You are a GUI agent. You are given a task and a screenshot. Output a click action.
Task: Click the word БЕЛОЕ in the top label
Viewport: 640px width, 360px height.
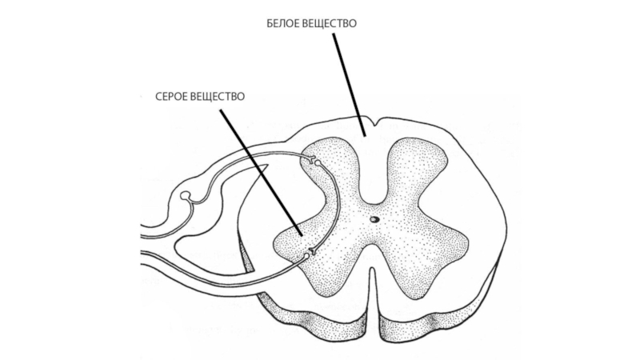[284, 24]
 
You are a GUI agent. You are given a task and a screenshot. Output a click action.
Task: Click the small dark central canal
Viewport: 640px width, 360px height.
[374, 218]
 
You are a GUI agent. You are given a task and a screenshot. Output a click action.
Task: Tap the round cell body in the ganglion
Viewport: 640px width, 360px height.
[186, 195]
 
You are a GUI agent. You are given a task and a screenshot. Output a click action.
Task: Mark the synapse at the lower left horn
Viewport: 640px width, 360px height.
[310, 254]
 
